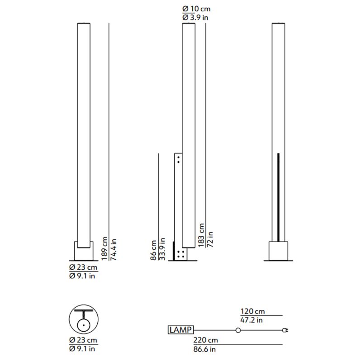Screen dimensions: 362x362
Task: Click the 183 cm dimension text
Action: pyautogui.click(x=201, y=234)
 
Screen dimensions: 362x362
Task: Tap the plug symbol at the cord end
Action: pyautogui.click(x=285, y=330)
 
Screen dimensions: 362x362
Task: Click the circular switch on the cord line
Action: pyautogui.click(x=238, y=330)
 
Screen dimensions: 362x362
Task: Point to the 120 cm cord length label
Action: pyautogui.click(x=252, y=312)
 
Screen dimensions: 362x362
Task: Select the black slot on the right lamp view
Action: pyautogui.click(x=278, y=197)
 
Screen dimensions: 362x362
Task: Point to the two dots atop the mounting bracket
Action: pyautogui.click(x=179, y=159)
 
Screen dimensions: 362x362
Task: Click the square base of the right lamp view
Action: pyautogui.click(x=278, y=251)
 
